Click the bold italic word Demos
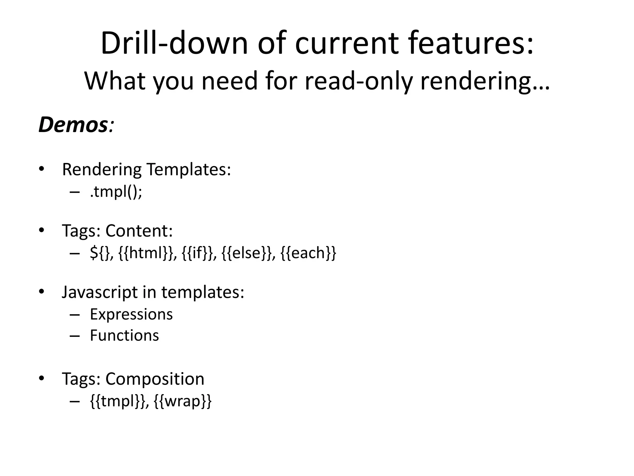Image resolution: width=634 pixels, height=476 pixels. [x=73, y=125]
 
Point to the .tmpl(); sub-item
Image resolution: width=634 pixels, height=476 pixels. [x=116, y=192]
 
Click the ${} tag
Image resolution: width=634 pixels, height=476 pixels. [x=100, y=253]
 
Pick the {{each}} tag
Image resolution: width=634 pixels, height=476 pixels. [x=308, y=253]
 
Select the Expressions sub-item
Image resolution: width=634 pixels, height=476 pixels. [x=131, y=315]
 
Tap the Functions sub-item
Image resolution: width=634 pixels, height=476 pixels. [x=124, y=336]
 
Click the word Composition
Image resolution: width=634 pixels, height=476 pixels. [x=155, y=379]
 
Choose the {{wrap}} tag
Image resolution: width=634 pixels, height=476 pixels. [x=183, y=401]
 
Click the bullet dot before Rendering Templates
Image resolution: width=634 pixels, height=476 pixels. [x=42, y=169]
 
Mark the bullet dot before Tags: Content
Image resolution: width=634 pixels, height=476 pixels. [x=42, y=231]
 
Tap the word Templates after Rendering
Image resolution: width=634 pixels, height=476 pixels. [x=189, y=170]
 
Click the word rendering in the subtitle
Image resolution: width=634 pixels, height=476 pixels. [x=484, y=81]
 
